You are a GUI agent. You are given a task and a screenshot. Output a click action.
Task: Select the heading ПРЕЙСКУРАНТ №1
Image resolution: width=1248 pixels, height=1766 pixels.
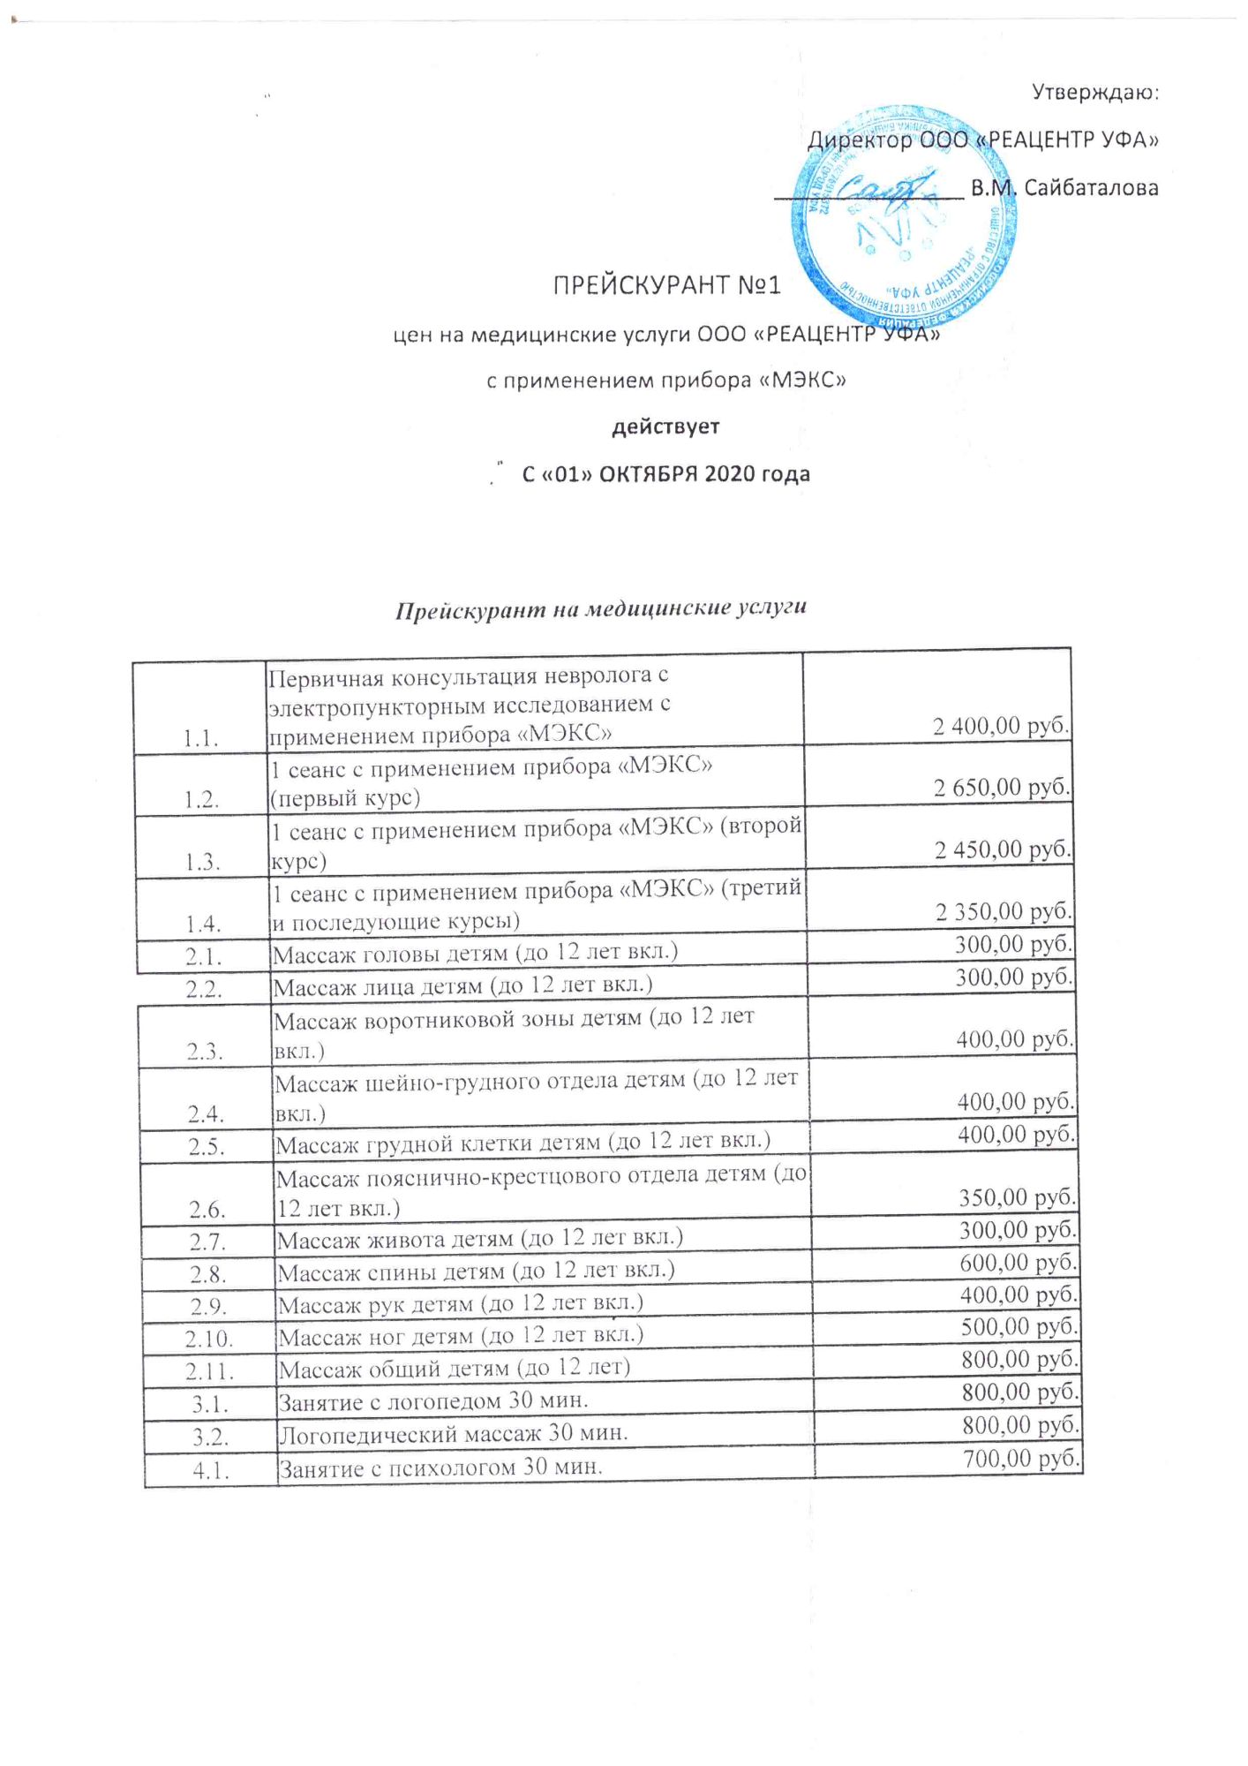(x=666, y=286)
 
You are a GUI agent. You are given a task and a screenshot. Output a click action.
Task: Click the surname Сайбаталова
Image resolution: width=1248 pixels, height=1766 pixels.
(x=1091, y=188)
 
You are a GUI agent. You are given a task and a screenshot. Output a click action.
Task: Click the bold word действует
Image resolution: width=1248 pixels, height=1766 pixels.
(x=666, y=427)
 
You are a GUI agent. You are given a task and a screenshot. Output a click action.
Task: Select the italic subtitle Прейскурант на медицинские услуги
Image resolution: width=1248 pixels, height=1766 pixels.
(x=600, y=608)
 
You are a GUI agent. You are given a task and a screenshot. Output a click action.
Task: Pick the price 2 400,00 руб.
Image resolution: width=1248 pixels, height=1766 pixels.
(x=1001, y=726)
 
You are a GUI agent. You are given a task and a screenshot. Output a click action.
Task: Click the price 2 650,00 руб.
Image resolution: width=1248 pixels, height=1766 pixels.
(x=1002, y=788)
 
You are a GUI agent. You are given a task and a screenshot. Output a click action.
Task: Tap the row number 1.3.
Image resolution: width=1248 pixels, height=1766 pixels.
(x=202, y=863)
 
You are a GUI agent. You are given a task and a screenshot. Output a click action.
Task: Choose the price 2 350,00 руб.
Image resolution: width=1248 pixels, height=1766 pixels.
(x=1004, y=911)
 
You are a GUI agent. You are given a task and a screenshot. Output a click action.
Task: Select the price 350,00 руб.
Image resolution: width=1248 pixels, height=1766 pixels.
(x=1017, y=1198)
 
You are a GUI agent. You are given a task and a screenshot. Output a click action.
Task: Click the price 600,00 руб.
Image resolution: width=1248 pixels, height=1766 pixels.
(x=1018, y=1263)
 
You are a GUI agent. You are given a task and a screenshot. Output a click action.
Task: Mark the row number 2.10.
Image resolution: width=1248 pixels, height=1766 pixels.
(x=209, y=1339)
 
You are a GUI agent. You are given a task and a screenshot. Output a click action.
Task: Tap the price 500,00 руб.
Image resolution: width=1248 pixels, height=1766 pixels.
(x=1019, y=1327)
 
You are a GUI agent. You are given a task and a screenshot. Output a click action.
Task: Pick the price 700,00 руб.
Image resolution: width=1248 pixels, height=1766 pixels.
(x=1021, y=1459)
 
